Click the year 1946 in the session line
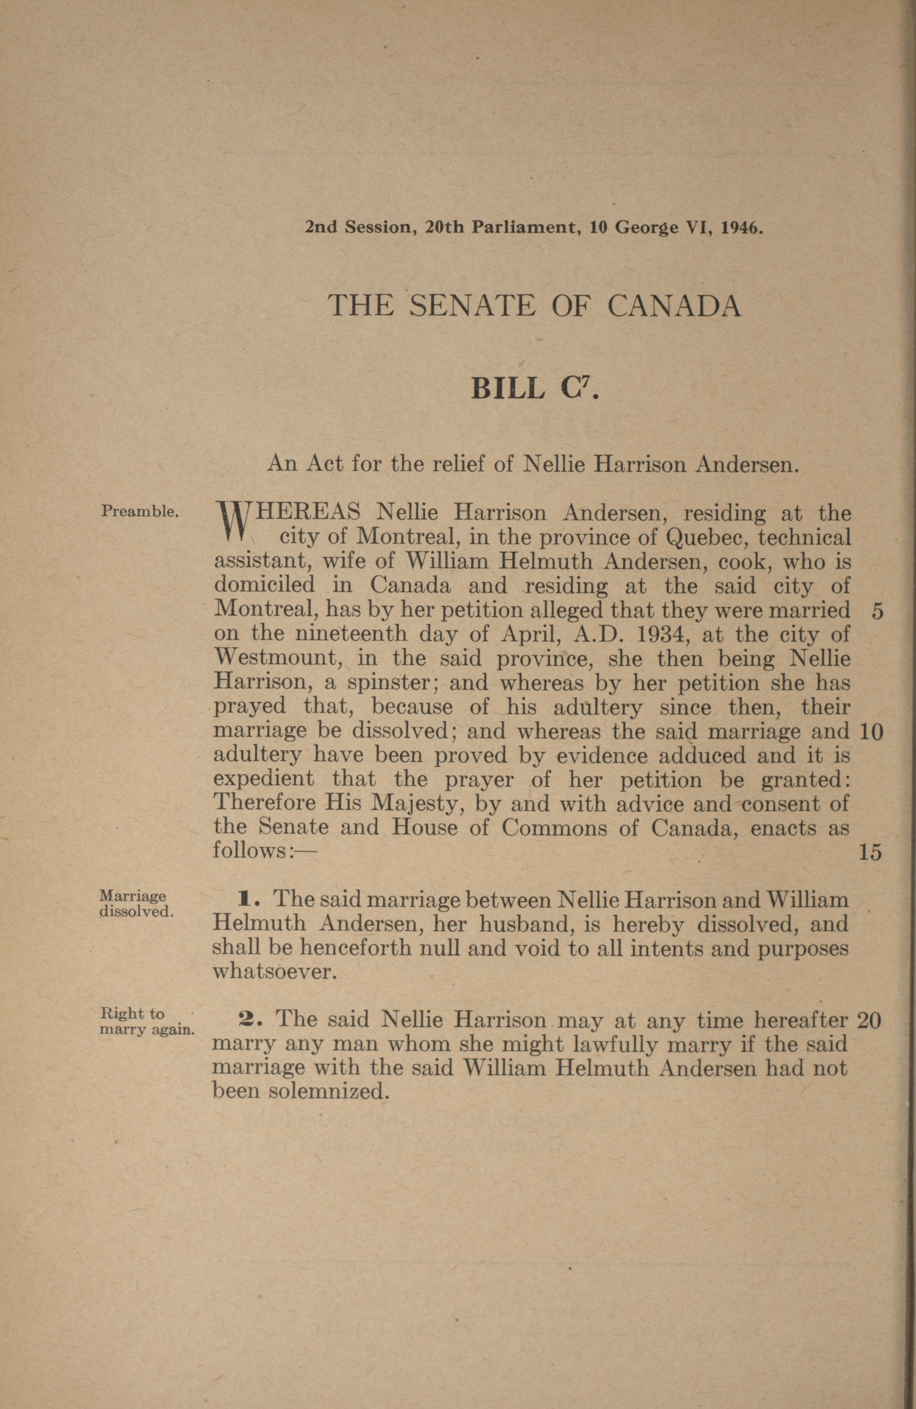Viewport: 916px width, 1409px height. tap(739, 228)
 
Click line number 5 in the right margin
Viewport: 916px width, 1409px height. tap(877, 611)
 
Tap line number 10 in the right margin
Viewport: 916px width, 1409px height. tap(870, 732)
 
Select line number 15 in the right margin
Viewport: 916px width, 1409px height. tap(870, 852)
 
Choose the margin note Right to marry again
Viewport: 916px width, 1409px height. tap(146, 1021)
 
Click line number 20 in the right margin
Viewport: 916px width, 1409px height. tap(869, 1020)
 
